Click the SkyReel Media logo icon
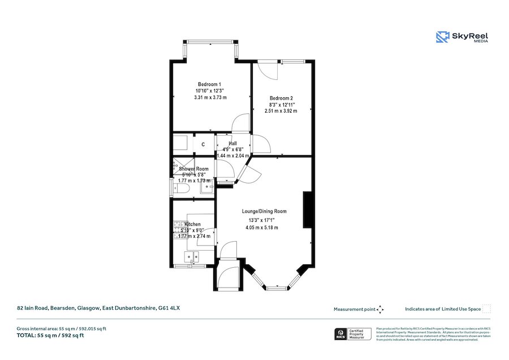coord(442,37)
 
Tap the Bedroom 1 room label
coord(210,84)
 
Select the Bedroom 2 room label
coord(281,98)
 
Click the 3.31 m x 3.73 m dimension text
coord(210,97)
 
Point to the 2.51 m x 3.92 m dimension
coord(281,111)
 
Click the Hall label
coord(232,143)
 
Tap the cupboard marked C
coord(203,145)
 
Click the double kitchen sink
coord(195,256)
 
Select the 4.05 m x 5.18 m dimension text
coord(262,228)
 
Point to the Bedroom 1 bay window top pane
coord(210,40)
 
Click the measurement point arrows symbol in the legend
coord(381,309)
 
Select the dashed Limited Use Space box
coord(487,308)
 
